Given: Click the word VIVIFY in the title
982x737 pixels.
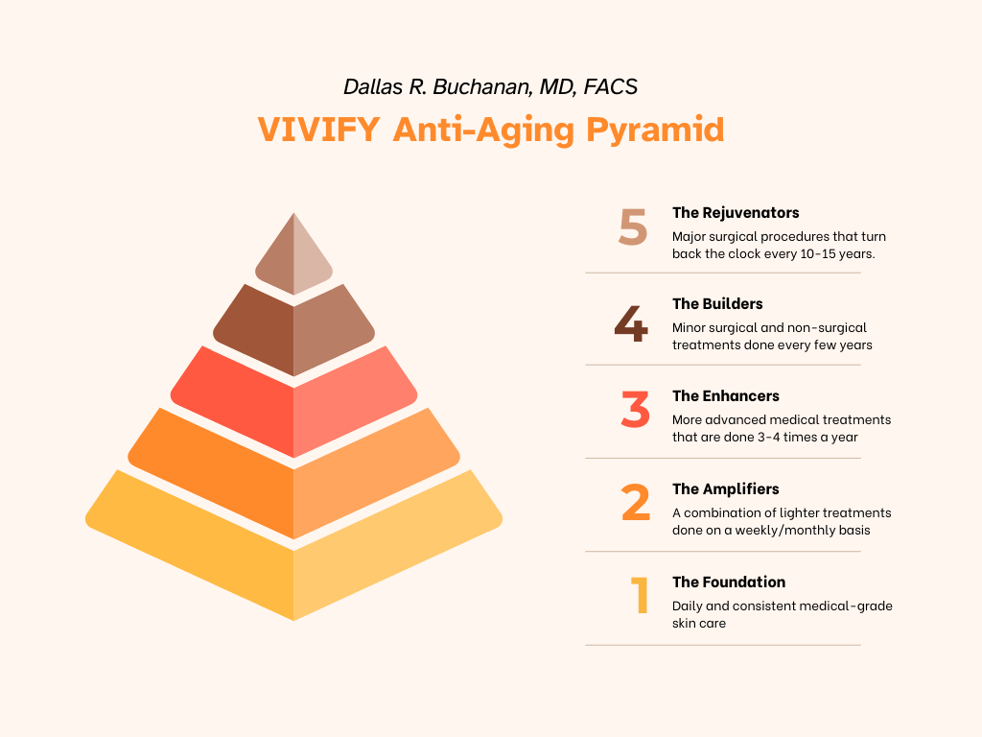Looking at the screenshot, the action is point(318,130).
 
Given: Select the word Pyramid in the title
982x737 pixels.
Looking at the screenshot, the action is point(655,131).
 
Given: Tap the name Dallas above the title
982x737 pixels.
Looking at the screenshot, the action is point(373,87).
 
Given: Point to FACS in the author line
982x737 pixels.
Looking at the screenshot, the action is point(611,87).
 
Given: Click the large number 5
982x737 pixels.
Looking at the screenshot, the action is point(633,226).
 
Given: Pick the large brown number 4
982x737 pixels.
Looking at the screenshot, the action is point(631,323).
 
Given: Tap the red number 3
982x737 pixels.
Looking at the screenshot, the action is point(635,409).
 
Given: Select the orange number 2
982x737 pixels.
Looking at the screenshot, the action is point(635,502).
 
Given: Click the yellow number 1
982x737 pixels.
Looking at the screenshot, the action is point(640,595).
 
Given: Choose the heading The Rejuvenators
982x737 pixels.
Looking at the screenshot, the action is point(736,213).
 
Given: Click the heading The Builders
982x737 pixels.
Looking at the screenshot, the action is point(717,304).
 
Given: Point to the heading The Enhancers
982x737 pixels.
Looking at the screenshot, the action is point(725,396).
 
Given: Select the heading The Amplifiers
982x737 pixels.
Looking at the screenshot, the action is point(725,488).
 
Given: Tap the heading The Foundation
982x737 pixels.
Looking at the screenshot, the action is point(729,582).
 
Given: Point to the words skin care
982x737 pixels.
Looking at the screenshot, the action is point(699,624).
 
